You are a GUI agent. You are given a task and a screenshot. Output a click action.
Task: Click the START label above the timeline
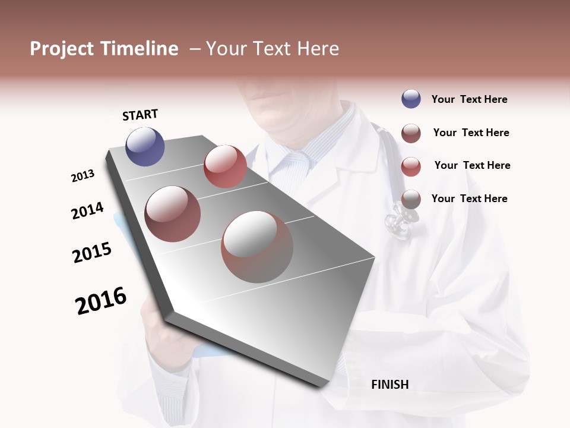pos(140,114)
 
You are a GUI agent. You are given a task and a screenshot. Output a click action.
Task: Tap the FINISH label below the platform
pos(389,385)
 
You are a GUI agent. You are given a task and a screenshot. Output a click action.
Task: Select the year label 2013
pos(83,175)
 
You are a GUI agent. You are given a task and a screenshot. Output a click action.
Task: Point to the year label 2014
pos(87,211)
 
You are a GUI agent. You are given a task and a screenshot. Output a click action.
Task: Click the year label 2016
pos(101,300)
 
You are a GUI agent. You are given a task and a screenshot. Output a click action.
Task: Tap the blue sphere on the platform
pos(145,146)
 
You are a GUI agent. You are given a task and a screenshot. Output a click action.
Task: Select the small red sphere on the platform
pos(225,166)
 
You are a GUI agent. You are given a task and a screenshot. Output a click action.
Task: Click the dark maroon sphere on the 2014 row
pos(173,214)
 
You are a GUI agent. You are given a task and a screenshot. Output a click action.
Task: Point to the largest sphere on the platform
pos(257,247)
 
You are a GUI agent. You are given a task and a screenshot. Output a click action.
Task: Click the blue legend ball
pos(411,99)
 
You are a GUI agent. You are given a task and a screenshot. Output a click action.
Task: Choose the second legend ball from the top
pos(411,133)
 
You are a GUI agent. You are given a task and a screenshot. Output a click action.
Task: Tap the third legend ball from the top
pos(411,166)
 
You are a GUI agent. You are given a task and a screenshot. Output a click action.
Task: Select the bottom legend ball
pos(411,199)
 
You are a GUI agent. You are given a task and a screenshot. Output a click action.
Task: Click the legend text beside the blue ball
pos(469,99)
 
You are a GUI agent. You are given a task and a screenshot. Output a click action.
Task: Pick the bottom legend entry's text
pos(469,199)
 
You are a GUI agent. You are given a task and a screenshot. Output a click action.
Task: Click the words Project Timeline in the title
pos(104,49)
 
